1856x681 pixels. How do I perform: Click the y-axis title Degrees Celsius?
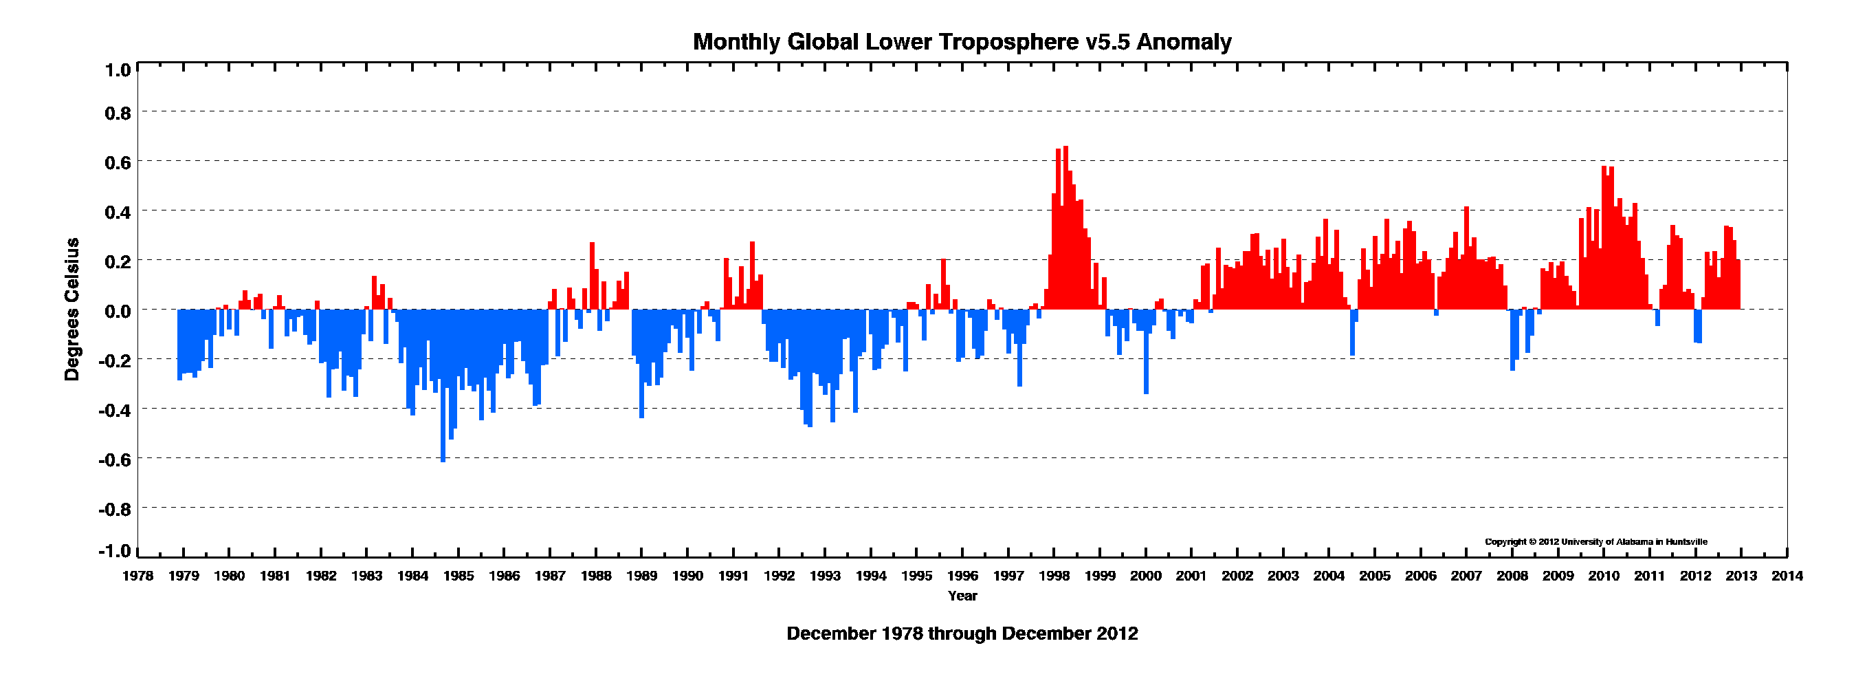pyautogui.click(x=72, y=309)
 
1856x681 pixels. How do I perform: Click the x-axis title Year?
pyautogui.click(x=962, y=596)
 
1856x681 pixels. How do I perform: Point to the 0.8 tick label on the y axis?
pyautogui.click(x=118, y=113)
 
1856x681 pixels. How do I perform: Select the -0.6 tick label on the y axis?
pyautogui.click(x=115, y=459)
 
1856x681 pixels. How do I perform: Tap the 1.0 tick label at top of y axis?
pyautogui.click(x=118, y=70)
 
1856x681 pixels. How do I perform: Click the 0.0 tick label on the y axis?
pyautogui.click(x=118, y=312)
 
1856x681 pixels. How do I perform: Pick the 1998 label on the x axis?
pyautogui.click(x=1053, y=576)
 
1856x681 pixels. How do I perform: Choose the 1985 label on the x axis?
pyautogui.click(x=459, y=576)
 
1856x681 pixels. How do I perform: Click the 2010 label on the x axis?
pyautogui.click(x=1604, y=576)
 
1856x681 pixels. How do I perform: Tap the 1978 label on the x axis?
pyautogui.click(x=137, y=576)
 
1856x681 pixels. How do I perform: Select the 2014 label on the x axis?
pyautogui.click(x=1787, y=576)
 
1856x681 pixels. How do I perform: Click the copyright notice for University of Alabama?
pyautogui.click(x=1596, y=542)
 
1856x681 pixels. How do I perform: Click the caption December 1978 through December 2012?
pyautogui.click(x=962, y=634)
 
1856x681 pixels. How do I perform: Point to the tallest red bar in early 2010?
pyautogui.click(x=1604, y=238)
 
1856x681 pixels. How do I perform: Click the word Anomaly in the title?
pyautogui.click(x=1184, y=42)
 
